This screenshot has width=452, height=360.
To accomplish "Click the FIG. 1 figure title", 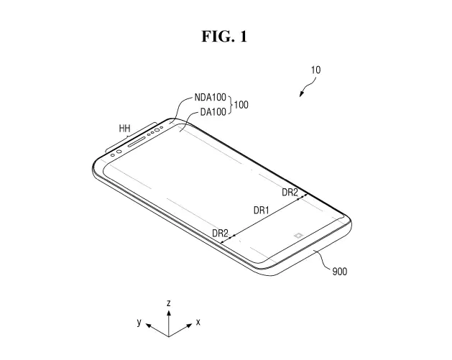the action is point(224,37).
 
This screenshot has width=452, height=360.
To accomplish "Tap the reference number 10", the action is point(315,70).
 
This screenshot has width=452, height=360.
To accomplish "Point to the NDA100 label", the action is point(210,98).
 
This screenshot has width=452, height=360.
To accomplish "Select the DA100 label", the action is point(213,112).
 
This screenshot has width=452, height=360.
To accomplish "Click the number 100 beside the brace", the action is point(241,105).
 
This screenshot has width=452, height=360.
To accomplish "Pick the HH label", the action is point(124,129).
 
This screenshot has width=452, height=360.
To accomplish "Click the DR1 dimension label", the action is point(261,211).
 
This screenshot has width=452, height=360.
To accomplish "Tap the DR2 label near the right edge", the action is point(290,193).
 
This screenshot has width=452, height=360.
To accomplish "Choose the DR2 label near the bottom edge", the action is point(220,233).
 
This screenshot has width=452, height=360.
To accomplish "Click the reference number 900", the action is point(340,271).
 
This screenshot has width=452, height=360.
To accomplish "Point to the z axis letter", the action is point(169,303).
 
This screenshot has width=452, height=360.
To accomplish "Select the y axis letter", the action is point(139,322).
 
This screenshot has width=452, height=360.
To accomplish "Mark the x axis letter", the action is point(198,322).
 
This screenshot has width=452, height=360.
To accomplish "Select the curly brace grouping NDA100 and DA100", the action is point(230,105).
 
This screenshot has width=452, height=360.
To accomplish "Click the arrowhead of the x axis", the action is point(189,326).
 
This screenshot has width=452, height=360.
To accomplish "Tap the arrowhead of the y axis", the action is point(149,326).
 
